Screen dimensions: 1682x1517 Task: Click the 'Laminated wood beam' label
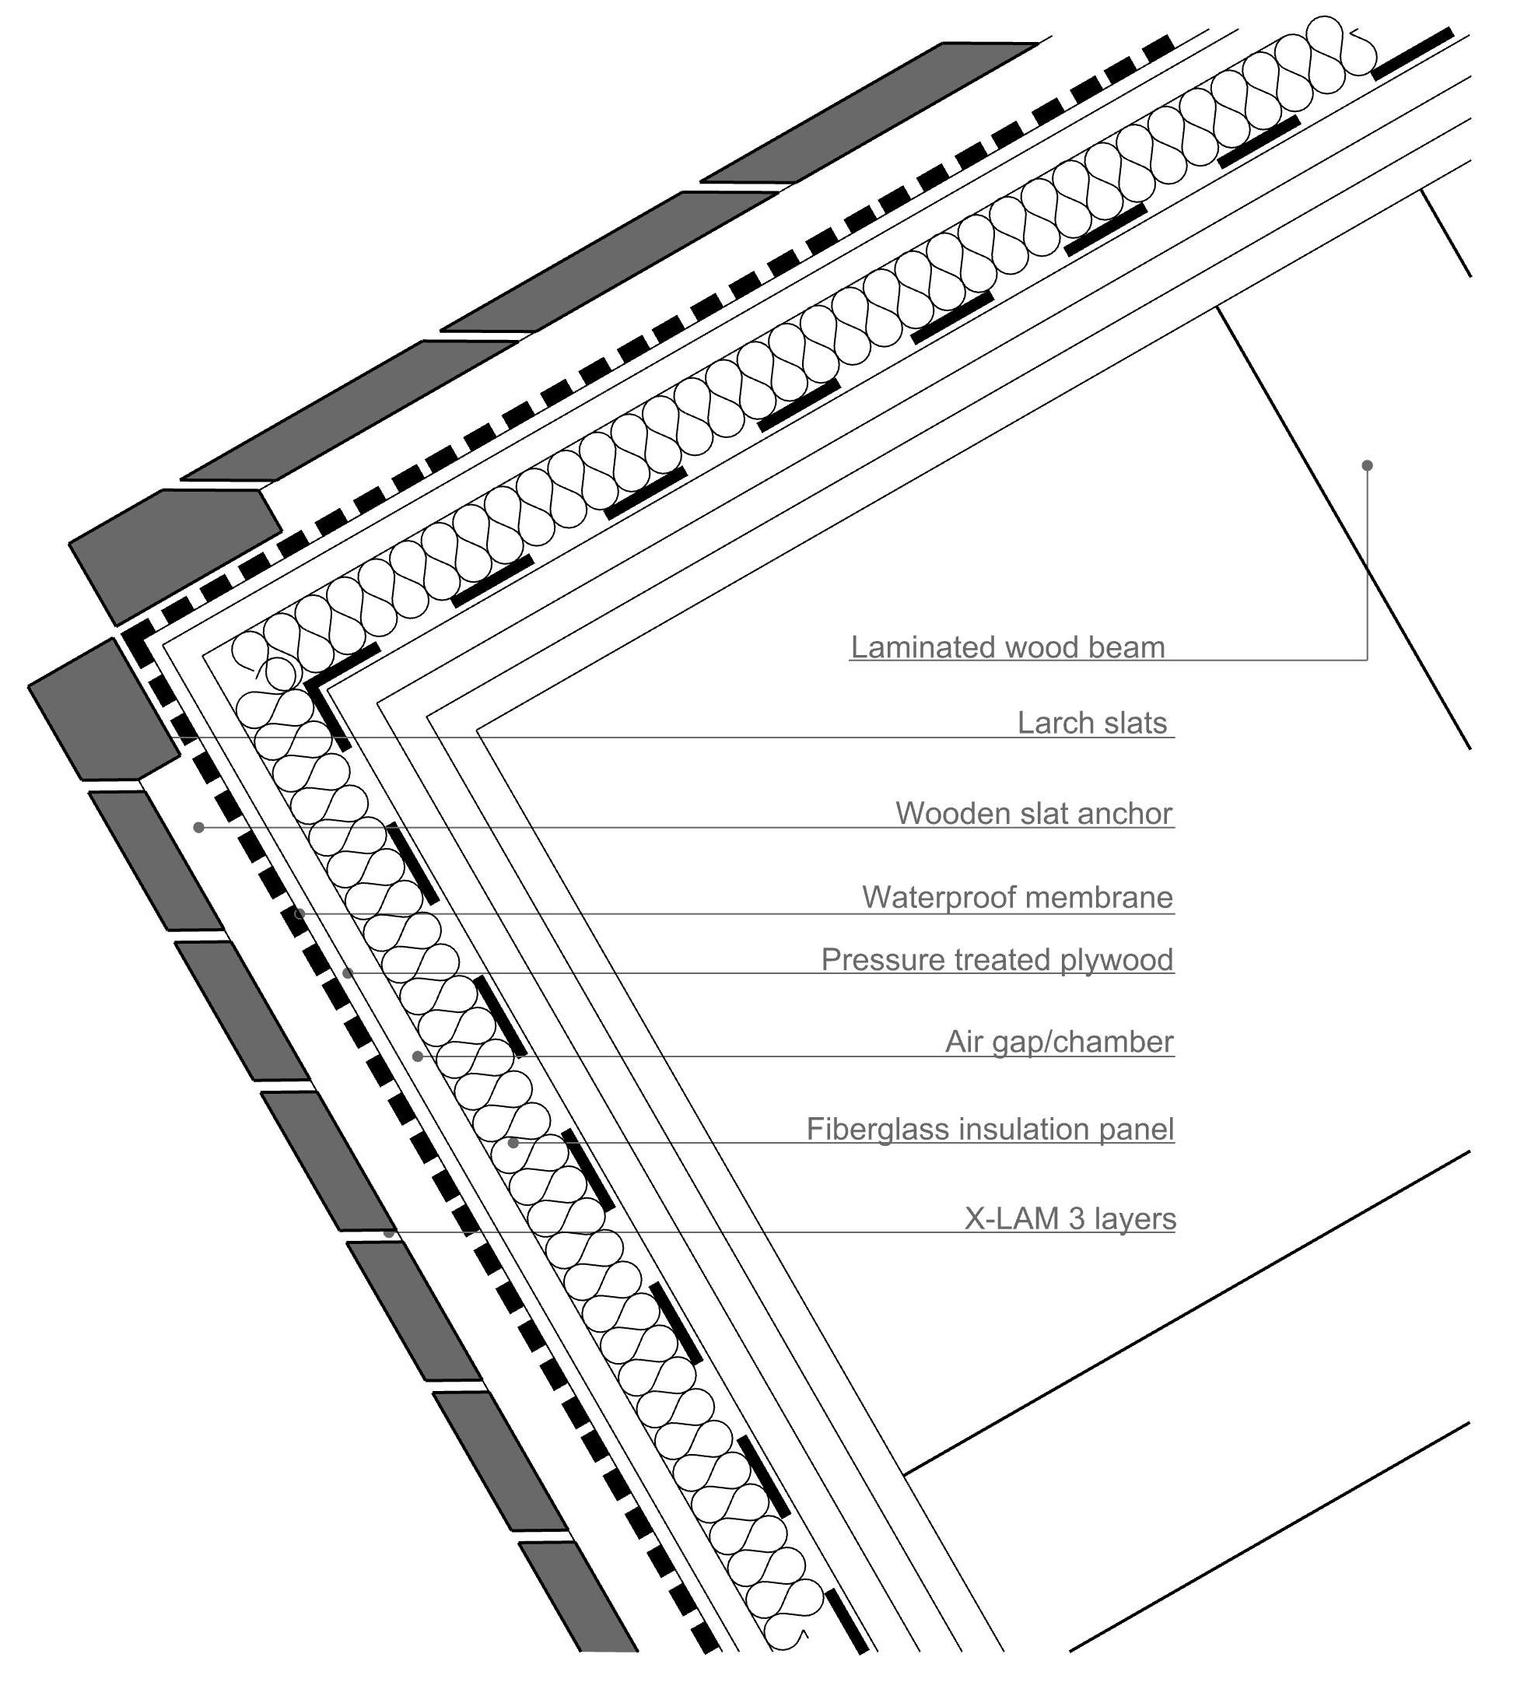(x=1007, y=647)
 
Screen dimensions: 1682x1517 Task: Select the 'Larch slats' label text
(x=1092, y=724)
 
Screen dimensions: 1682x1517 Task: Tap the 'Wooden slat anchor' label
(x=1034, y=814)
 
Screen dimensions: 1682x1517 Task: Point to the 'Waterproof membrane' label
(x=1017, y=898)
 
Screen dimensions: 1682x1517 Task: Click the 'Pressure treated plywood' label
(x=997, y=960)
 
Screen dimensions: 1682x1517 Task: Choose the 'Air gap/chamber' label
(x=1059, y=1042)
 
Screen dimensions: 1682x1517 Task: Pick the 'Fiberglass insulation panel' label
(x=990, y=1130)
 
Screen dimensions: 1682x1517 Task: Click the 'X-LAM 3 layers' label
(x=1070, y=1219)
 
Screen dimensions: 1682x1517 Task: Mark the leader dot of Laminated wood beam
(x=1367, y=465)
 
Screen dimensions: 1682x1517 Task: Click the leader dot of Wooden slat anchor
(x=198, y=827)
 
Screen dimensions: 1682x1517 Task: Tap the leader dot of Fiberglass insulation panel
(x=513, y=1143)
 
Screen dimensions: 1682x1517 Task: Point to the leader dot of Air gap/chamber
(x=419, y=1057)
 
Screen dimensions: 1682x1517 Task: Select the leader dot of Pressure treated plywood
(x=349, y=972)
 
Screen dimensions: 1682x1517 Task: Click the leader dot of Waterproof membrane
(x=300, y=913)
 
